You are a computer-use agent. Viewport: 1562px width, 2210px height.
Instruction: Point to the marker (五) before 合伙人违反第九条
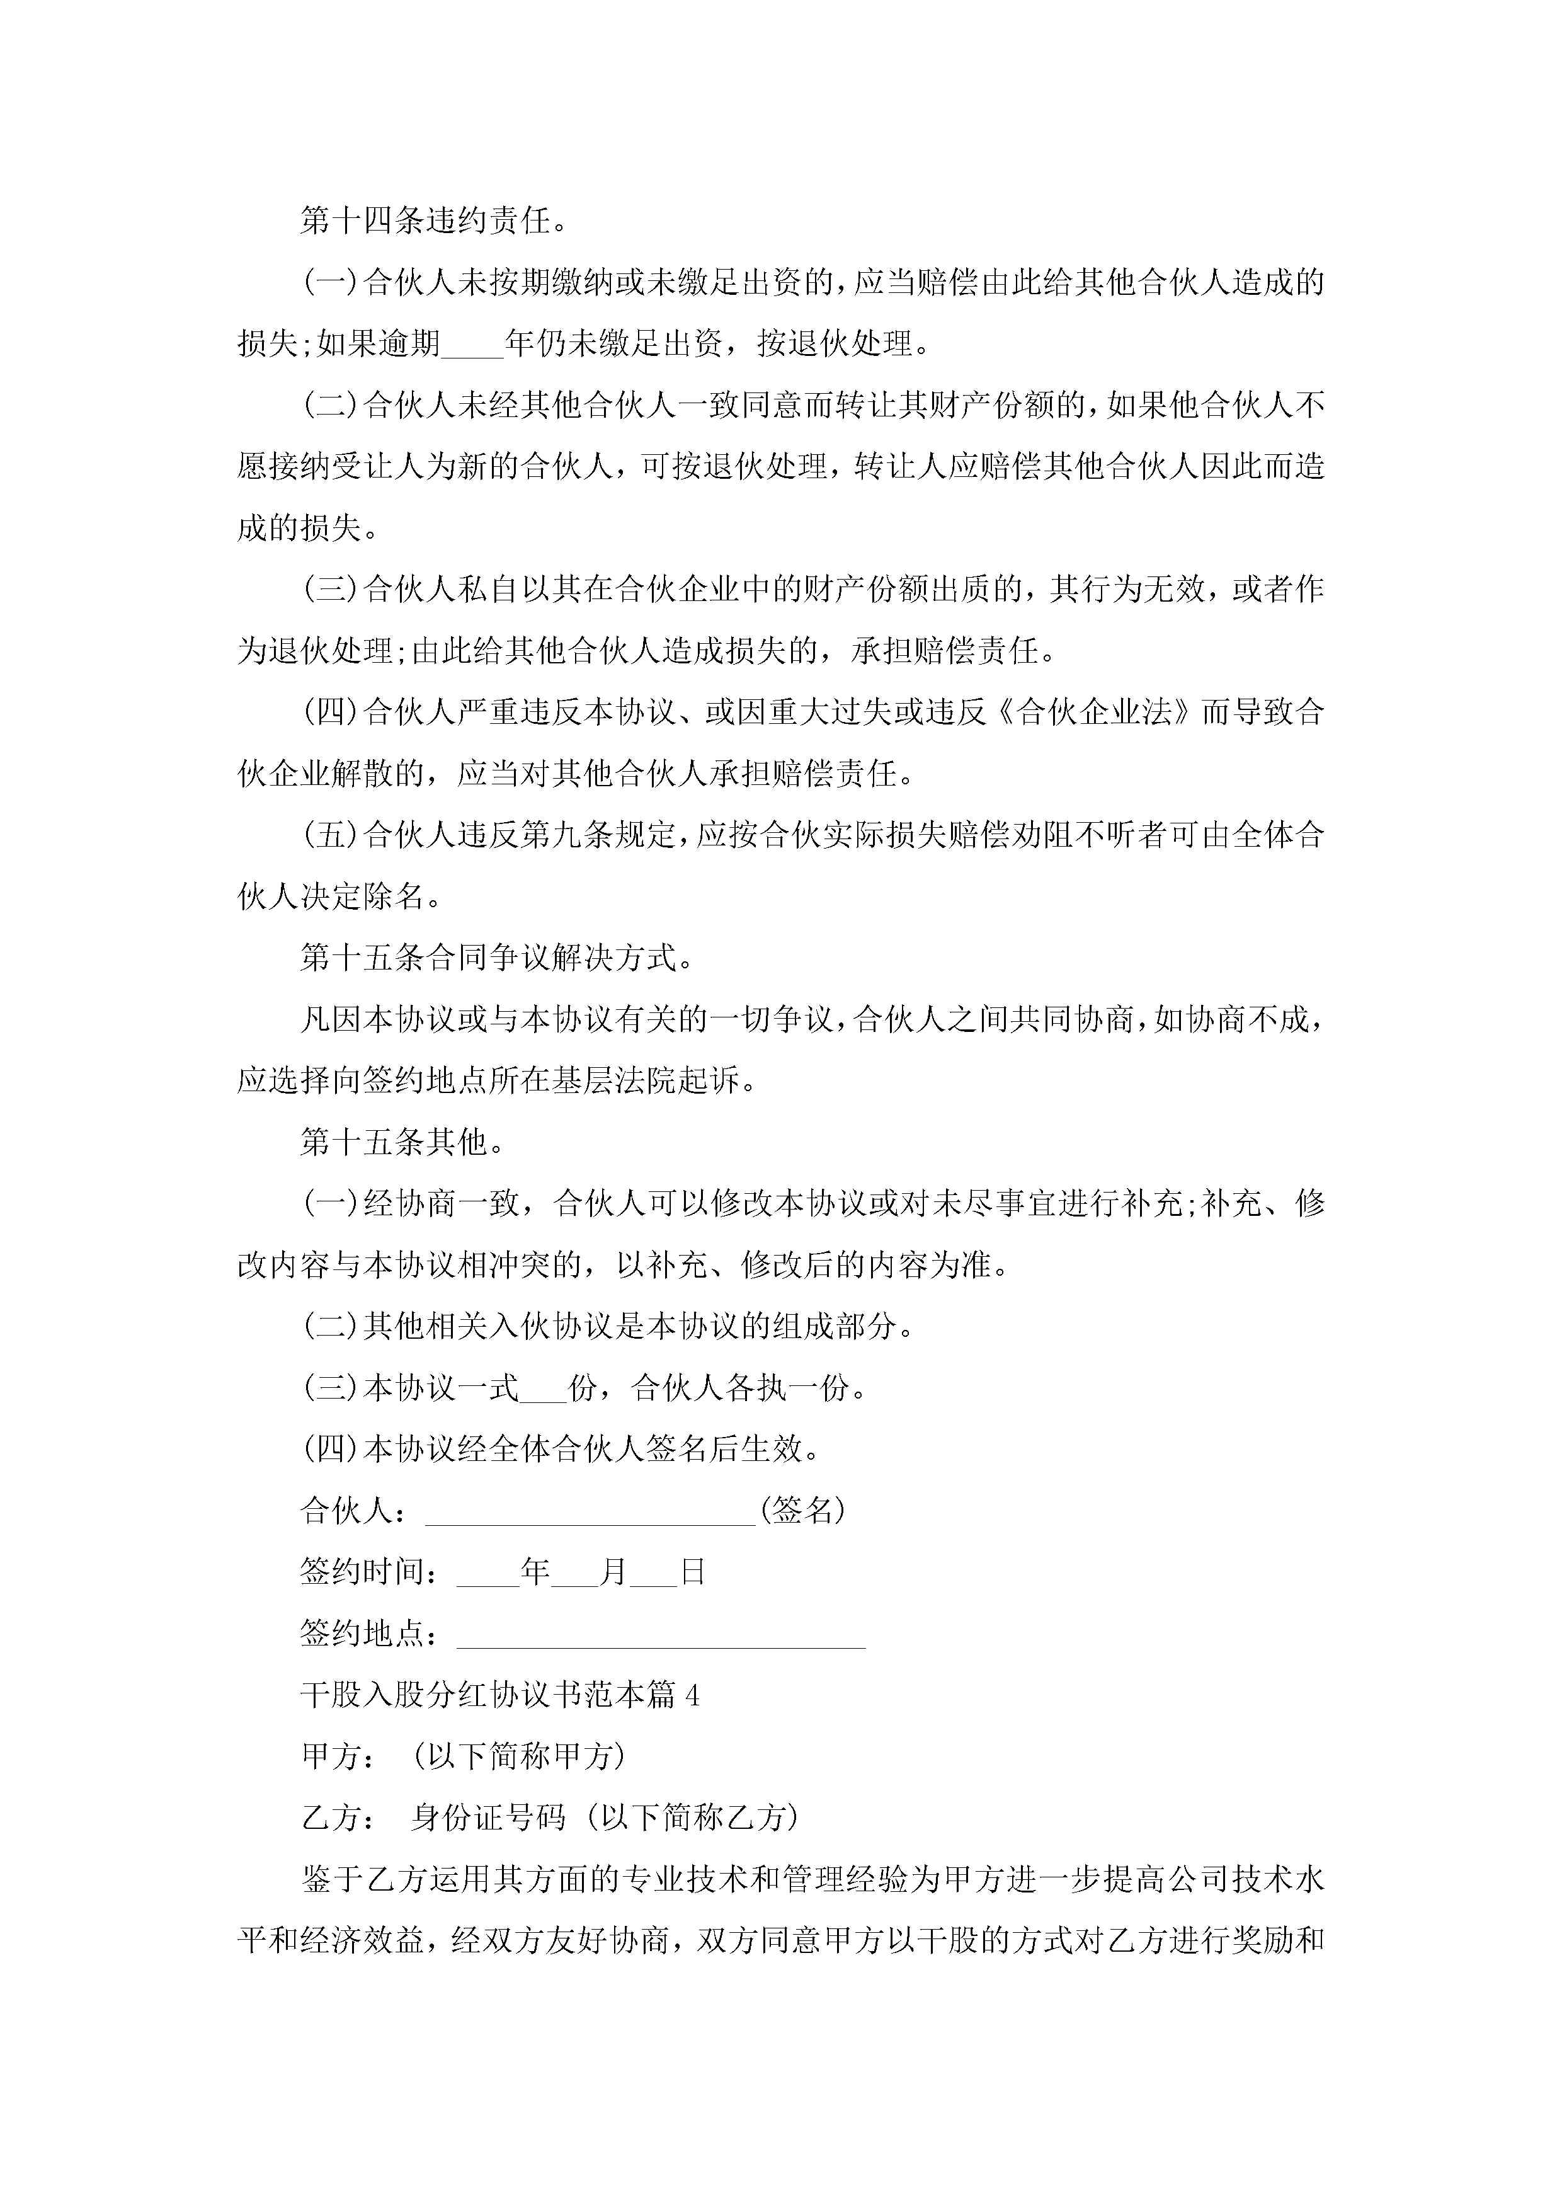coord(331,835)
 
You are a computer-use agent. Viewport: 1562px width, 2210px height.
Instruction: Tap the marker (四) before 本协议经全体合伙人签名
coord(331,1450)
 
